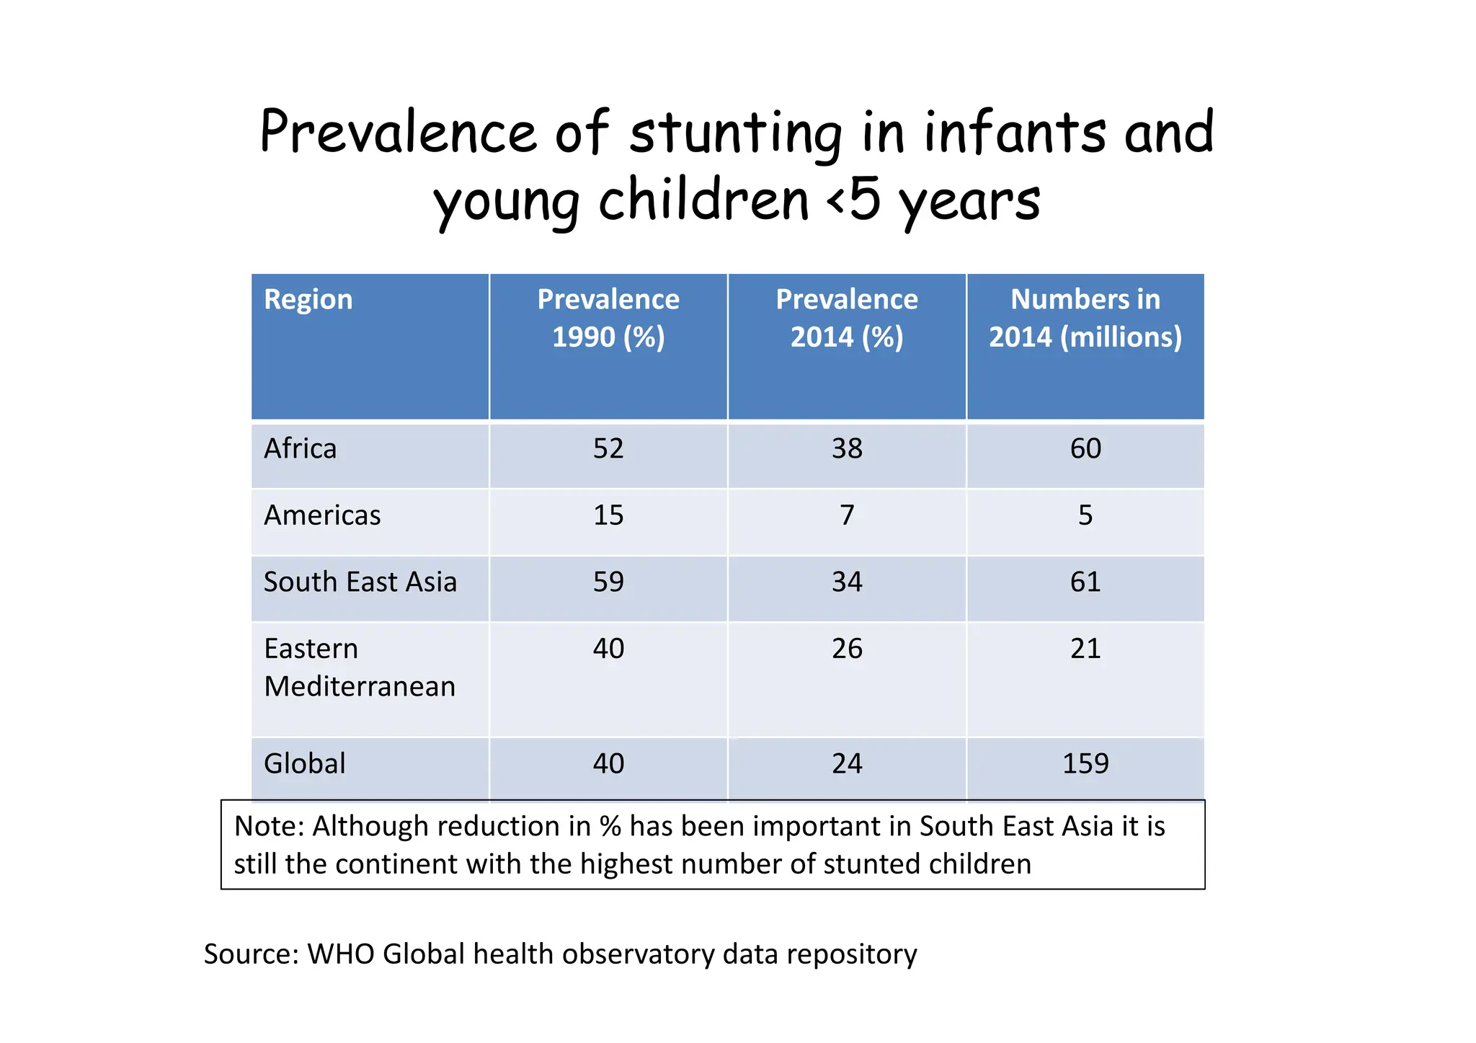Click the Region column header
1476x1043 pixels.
click(x=308, y=300)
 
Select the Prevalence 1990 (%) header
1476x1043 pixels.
click(x=608, y=318)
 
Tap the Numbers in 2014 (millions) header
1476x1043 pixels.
click(x=1085, y=318)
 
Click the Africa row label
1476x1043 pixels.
click(x=300, y=449)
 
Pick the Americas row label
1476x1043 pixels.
click(x=322, y=515)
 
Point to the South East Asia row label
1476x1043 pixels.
click(x=360, y=582)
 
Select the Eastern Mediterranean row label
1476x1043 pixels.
click(x=359, y=667)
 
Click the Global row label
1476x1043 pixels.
click(x=304, y=764)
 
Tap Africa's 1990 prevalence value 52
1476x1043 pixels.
click(x=608, y=449)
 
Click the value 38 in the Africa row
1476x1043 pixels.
click(x=847, y=449)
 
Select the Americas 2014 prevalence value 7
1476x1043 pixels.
click(x=847, y=515)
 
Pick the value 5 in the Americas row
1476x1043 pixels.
click(x=1085, y=515)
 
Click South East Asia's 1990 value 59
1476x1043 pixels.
click(x=608, y=582)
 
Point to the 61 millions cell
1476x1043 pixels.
click(x=1085, y=582)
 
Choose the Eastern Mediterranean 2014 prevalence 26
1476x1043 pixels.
click(x=847, y=649)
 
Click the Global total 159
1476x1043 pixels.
click(x=1085, y=764)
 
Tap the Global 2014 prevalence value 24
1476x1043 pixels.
click(x=847, y=764)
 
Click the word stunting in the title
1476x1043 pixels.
click(x=735, y=134)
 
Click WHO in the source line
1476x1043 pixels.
click(x=340, y=954)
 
